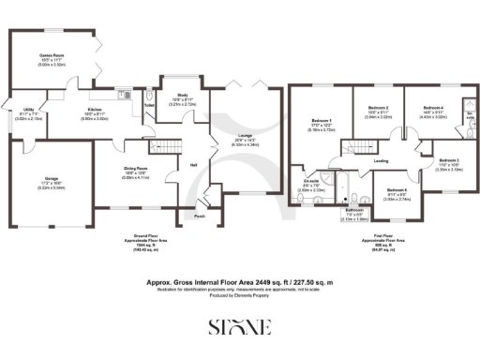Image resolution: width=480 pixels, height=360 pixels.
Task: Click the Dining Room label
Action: [136, 171]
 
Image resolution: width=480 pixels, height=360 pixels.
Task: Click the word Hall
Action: [193, 165]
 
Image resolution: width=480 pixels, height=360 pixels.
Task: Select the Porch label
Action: [199, 216]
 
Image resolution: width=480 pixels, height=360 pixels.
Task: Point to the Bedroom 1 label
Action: [322, 121]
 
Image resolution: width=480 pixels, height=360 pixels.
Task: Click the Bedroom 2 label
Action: [378, 109]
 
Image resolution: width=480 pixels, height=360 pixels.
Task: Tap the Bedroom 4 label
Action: [432, 109]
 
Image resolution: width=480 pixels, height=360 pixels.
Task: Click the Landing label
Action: [382, 160]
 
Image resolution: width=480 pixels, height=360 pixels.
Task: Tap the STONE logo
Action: [239, 326]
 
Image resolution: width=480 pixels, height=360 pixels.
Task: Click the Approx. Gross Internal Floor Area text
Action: [240, 279]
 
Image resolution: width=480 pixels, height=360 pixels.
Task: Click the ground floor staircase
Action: [167, 144]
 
